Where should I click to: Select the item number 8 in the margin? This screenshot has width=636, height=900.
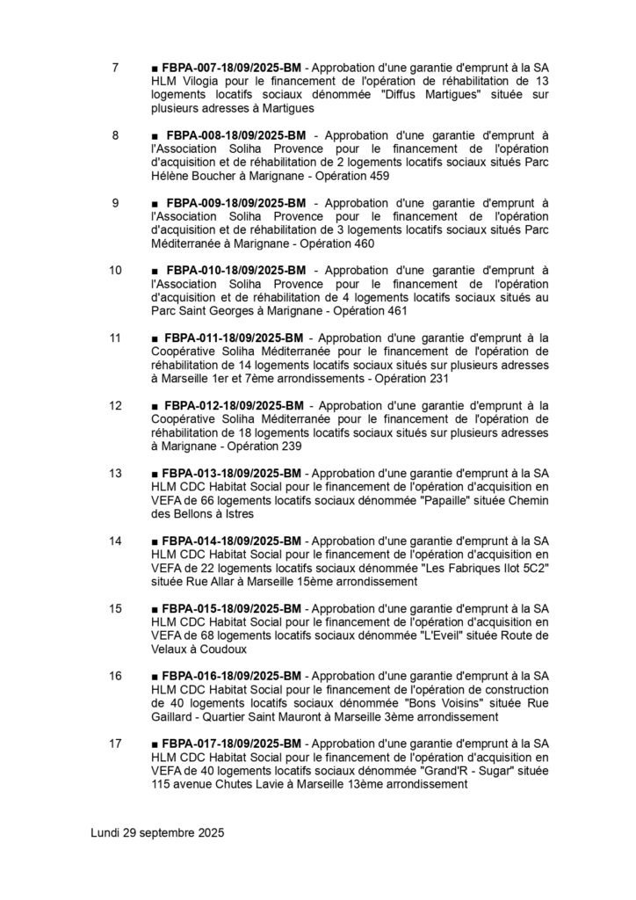116,135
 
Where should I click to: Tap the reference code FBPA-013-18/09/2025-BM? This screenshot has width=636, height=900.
232,473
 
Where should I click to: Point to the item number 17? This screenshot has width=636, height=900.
115,744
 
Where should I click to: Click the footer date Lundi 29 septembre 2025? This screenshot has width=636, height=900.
158,831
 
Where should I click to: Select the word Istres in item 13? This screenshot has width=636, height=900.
237,514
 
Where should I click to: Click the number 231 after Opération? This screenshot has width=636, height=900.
437,379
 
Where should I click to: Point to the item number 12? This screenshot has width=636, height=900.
115,405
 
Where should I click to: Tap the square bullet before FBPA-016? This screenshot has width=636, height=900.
155,677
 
